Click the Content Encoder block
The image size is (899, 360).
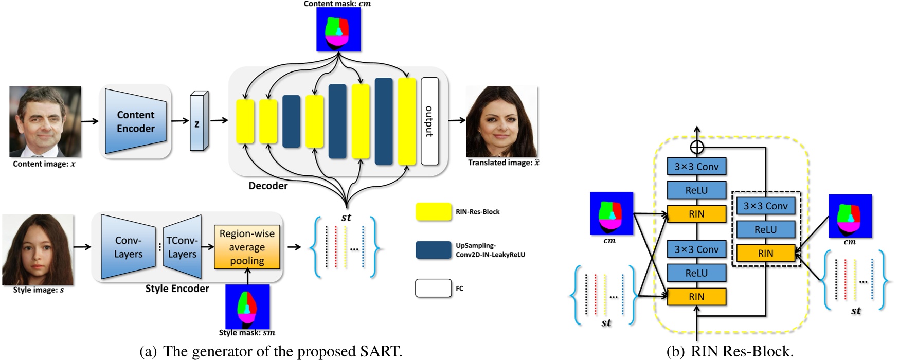135,121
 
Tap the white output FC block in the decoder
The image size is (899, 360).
429,121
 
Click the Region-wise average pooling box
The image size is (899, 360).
247,247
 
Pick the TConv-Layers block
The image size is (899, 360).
182,247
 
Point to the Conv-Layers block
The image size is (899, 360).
128,247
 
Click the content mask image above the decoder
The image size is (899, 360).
338,29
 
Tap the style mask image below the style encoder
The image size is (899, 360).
247,307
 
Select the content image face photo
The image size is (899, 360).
45,121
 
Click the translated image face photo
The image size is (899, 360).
501,121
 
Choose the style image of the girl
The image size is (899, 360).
38,249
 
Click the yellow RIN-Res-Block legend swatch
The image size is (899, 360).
434,212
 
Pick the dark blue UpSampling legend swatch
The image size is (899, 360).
434,250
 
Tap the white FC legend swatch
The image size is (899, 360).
433,288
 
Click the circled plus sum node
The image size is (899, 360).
696,148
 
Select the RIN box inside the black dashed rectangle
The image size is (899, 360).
765,253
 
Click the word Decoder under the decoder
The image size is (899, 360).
268,186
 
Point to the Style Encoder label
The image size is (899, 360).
177,289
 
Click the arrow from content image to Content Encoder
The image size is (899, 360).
89,121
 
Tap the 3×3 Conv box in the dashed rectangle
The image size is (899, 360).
765,206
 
